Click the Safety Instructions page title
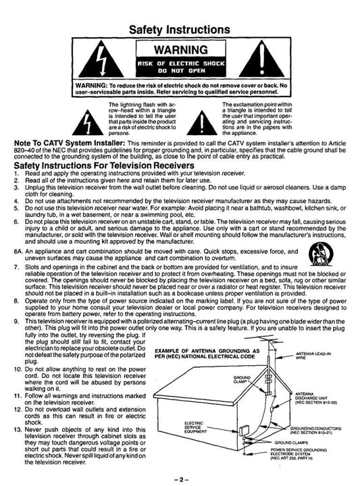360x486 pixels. (180, 30)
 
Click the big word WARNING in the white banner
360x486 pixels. (181, 49)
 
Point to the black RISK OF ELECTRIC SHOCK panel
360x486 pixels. (181, 67)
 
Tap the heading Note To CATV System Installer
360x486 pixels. (70, 143)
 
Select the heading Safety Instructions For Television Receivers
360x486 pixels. (104, 165)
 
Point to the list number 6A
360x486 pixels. (18, 252)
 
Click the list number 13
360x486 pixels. (18, 429)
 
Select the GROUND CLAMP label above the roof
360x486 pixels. (242, 379)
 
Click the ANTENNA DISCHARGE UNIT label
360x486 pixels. (315, 398)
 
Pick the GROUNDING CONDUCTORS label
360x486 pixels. (315, 430)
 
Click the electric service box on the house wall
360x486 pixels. (242, 431)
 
